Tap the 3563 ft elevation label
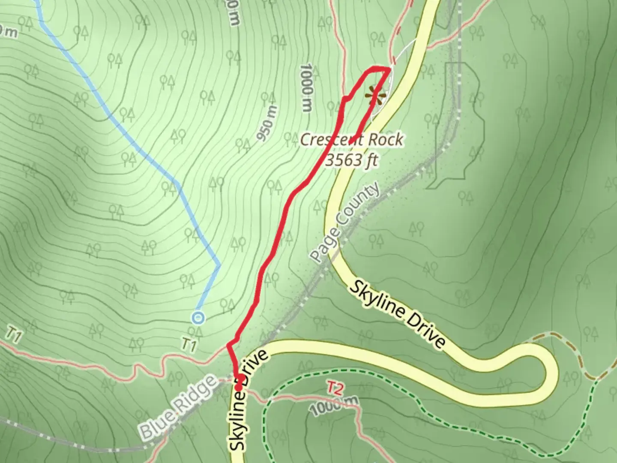tap(351, 160)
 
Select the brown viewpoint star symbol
tap(376, 95)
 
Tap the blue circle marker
tap(198, 318)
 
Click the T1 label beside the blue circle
tap(189, 344)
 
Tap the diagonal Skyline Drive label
tap(397, 314)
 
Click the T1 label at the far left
tap(14, 335)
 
